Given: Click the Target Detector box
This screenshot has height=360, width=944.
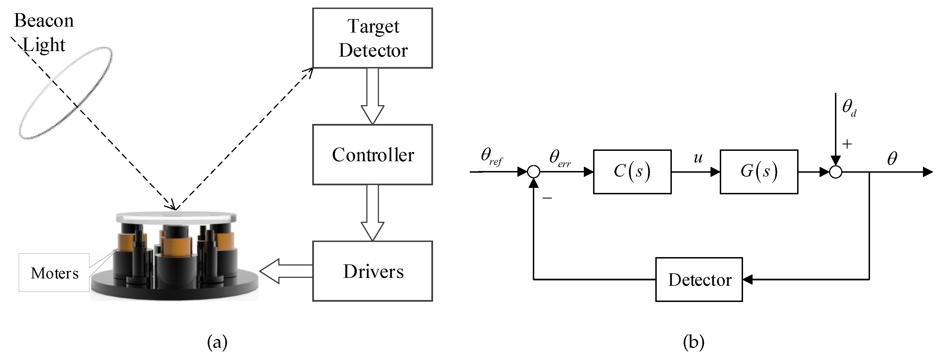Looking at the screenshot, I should point(372,38).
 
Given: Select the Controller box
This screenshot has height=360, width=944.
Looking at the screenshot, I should point(372,155).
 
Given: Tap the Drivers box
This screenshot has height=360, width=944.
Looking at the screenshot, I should point(372,271).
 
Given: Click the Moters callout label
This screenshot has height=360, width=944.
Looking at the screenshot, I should point(54,273).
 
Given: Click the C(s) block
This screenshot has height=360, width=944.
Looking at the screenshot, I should point(632,172).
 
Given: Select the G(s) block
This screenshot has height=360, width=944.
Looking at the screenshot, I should point(759,172).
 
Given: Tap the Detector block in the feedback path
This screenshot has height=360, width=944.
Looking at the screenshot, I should point(699,280).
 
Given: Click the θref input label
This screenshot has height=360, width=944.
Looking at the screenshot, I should point(491,157).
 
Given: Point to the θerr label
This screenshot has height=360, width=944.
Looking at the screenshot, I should point(559,159).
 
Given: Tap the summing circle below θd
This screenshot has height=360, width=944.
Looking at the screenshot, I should point(836,172).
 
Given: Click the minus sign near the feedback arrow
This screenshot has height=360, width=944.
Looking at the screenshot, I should point(547,198).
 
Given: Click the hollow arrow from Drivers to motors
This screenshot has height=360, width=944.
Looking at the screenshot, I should point(286,271).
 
